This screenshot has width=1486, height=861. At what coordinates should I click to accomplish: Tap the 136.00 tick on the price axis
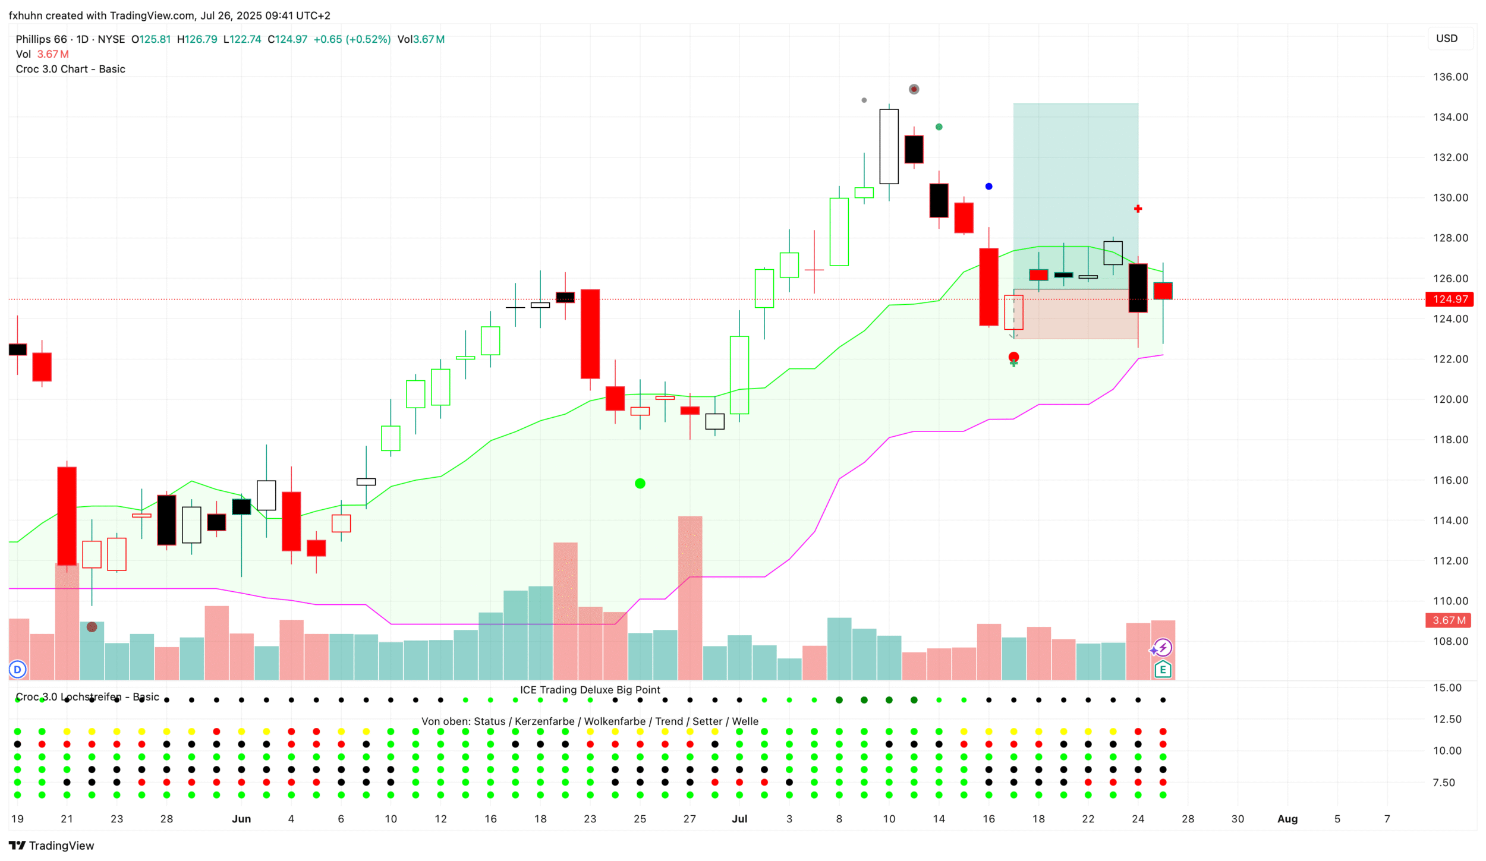1450,77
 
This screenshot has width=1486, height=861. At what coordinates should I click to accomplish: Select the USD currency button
1446,39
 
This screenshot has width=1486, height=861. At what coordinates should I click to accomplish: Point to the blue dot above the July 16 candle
988,187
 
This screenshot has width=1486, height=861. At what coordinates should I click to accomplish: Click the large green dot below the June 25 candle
640,484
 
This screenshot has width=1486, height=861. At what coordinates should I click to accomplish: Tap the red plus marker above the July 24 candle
1138,209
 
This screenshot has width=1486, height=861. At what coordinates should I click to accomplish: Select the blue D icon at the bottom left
18,670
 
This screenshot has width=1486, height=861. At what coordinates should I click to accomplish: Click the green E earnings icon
1163,670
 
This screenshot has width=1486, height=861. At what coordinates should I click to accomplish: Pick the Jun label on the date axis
241,819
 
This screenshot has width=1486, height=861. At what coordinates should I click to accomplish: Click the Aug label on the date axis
1287,819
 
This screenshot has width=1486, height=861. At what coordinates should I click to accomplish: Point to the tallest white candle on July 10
889,147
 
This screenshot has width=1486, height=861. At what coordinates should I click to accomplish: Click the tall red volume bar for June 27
690,597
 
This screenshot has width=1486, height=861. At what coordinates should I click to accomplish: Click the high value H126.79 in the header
197,39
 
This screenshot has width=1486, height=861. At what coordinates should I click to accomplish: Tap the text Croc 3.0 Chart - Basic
70,69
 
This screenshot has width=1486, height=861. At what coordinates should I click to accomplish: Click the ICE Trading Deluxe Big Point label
590,690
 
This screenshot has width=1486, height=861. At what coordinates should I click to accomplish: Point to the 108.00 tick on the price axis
1450,641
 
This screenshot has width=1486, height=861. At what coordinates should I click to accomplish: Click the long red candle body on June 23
590,334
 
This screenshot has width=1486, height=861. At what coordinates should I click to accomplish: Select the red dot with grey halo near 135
914,89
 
